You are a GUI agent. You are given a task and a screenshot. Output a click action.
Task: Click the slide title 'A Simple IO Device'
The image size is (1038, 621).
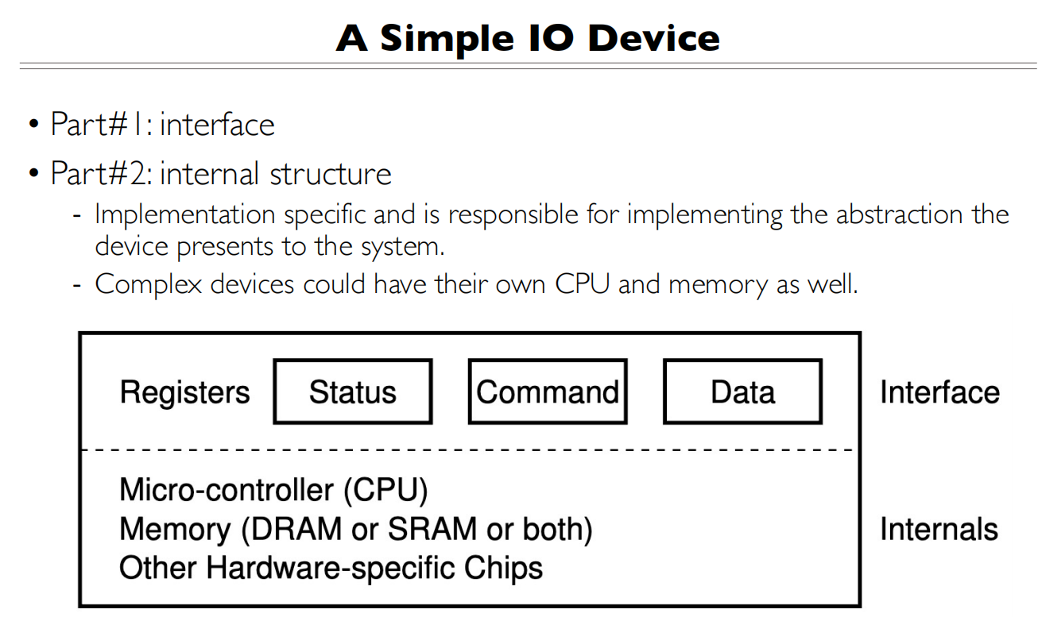coord(528,37)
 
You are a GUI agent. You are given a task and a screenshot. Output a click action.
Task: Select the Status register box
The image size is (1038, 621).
coord(352,391)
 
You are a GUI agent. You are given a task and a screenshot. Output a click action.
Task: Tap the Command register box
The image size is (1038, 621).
coord(548,391)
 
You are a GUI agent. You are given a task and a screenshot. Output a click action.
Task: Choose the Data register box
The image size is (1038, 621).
coord(742,391)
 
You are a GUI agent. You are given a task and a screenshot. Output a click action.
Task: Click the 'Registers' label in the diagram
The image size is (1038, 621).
coord(184,392)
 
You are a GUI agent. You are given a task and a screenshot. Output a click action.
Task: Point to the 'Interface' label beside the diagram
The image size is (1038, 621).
coord(939,392)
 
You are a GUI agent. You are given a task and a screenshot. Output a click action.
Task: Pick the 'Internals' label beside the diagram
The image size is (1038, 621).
coord(939,529)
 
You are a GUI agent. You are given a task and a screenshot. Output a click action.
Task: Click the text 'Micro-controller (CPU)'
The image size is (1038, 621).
coord(273,490)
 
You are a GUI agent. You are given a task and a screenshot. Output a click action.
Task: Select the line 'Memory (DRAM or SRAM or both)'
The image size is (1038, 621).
coord(355,530)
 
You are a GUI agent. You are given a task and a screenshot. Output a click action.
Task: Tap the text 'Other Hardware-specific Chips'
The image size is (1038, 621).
coord(331,569)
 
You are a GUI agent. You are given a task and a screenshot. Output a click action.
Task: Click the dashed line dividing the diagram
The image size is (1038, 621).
coord(469,450)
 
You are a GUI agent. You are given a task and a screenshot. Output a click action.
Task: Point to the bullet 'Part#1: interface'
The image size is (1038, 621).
coord(162,125)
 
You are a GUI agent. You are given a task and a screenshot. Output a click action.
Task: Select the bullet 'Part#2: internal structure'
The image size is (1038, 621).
coord(220,173)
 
